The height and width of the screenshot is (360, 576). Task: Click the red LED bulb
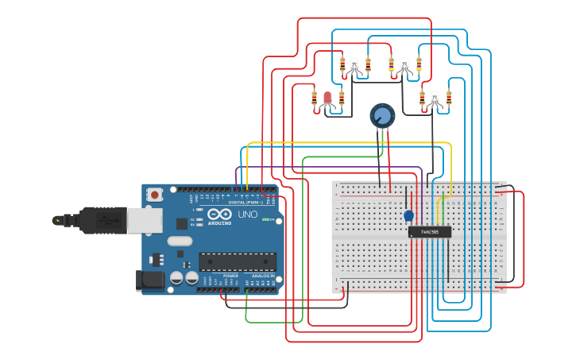327,98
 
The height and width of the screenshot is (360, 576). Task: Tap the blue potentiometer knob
382,116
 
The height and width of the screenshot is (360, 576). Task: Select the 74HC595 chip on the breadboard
430,232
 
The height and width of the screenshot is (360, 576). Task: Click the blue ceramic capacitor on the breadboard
408,215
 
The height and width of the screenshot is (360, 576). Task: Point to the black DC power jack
149,279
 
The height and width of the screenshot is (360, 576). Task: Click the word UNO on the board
248,215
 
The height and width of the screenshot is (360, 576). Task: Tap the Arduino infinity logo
218,215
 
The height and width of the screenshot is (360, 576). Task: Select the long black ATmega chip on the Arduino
238,261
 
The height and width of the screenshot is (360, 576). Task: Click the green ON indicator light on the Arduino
269,219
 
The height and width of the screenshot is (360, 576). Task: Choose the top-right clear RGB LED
404,65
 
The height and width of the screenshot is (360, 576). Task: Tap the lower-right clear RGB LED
435,99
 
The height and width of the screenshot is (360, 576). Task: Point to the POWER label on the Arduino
230,276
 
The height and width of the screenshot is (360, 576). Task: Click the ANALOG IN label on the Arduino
263,276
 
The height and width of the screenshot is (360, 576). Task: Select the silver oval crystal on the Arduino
180,241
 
